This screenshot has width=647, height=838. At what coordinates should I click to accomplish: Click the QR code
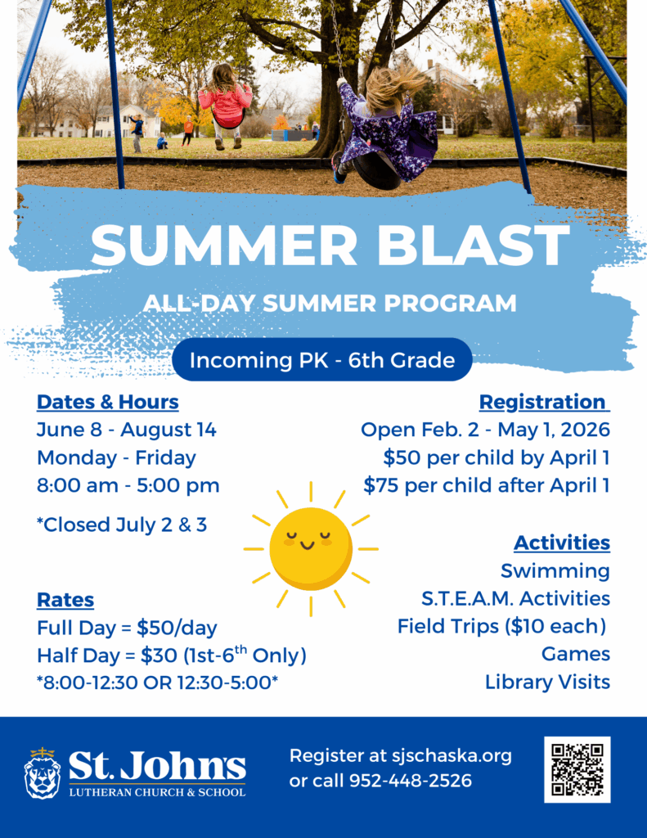(x=577, y=769)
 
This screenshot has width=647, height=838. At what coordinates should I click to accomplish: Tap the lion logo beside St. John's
(x=43, y=773)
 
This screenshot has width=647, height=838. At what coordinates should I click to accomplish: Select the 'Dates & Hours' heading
(x=107, y=402)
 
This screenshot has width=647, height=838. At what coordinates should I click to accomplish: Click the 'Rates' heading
(x=65, y=600)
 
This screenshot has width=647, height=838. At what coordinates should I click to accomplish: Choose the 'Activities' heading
(x=562, y=543)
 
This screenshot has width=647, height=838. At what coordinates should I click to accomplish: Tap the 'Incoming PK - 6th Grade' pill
(x=322, y=360)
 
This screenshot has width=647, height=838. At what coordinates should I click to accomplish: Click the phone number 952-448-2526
(x=411, y=781)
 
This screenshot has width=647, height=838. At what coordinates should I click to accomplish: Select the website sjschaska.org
(x=452, y=756)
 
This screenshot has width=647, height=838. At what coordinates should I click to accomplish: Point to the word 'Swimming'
(x=555, y=571)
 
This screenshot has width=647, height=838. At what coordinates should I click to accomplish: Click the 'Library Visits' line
(x=548, y=682)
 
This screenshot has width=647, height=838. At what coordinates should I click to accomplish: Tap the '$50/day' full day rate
(x=177, y=628)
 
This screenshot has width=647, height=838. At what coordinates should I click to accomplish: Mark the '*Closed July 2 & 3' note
(x=122, y=525)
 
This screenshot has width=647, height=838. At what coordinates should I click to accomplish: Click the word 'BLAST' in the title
(x=474, y=245)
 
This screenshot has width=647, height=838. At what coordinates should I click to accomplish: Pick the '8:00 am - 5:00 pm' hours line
(x=128, y=486)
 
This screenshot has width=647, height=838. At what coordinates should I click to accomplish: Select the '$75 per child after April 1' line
(x=487, y=486)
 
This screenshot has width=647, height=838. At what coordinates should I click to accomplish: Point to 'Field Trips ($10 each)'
(x=501, y=626)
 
